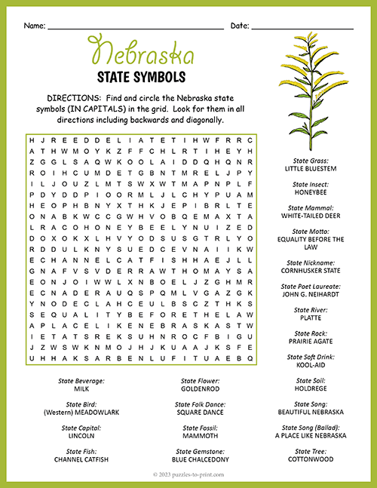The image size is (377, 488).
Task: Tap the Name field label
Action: [x=34, y=26]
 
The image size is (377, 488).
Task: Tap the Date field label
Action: [x=240, y=26]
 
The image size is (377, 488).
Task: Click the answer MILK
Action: [x=81, y=388]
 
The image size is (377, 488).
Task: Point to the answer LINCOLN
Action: [x=81, y=435]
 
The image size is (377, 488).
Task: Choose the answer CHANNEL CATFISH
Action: [x=81, y=459]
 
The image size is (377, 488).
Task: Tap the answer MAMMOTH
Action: [x=199, y=435]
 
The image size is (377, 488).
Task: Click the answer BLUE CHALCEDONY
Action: [x=199, y=459]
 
